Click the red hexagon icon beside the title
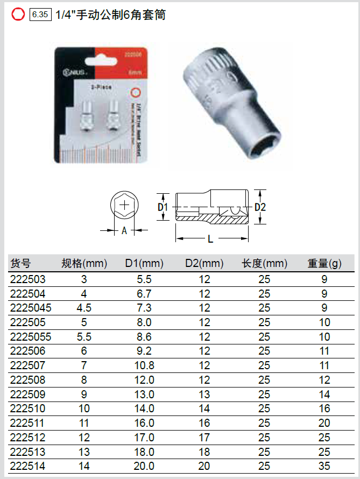pos(18,15)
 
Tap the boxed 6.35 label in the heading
pos(41,15)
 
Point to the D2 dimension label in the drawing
pos(260,207)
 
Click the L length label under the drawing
pos(210,239)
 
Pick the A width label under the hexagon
pos(124,230)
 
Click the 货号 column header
pos(21,264)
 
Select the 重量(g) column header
pos(324,264)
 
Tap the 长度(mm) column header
pos(264,264)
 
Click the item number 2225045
pos(31,308)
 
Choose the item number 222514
pos(28,466)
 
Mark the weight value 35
pos(324,466)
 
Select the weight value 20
pos(324,423)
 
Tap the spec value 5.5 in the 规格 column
pos(84,337)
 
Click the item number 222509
pos(28,395)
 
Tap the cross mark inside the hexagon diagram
pos(124,205)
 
